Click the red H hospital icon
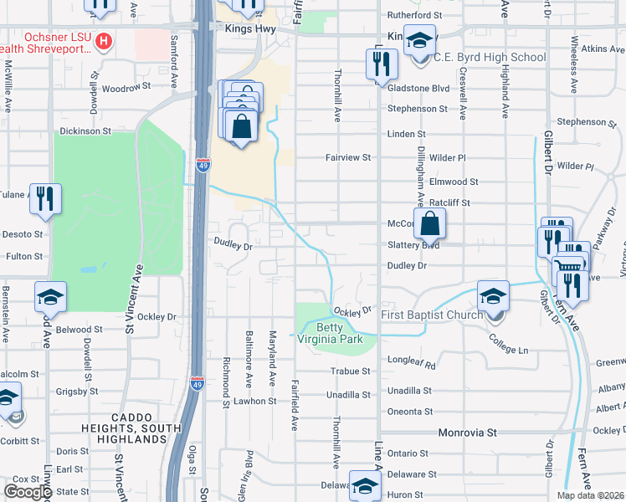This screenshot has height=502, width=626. (x=104, y=40)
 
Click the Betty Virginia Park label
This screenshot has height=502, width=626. (x=333, y=334)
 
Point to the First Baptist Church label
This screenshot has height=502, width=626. (x=432, y=315)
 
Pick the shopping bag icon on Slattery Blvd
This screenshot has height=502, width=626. (x=429, y=223)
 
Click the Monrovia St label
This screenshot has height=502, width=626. (x=468, y=433)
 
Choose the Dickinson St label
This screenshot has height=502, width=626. (x=85, y=131)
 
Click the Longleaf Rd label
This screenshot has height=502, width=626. (x=413, y=365)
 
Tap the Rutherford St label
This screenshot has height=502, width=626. (x=413, y=15)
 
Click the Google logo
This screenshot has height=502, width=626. (x=28, y=492)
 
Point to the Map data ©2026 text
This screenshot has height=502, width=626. (x=590, y=495)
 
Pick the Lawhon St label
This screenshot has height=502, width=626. (x=255, y=401)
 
